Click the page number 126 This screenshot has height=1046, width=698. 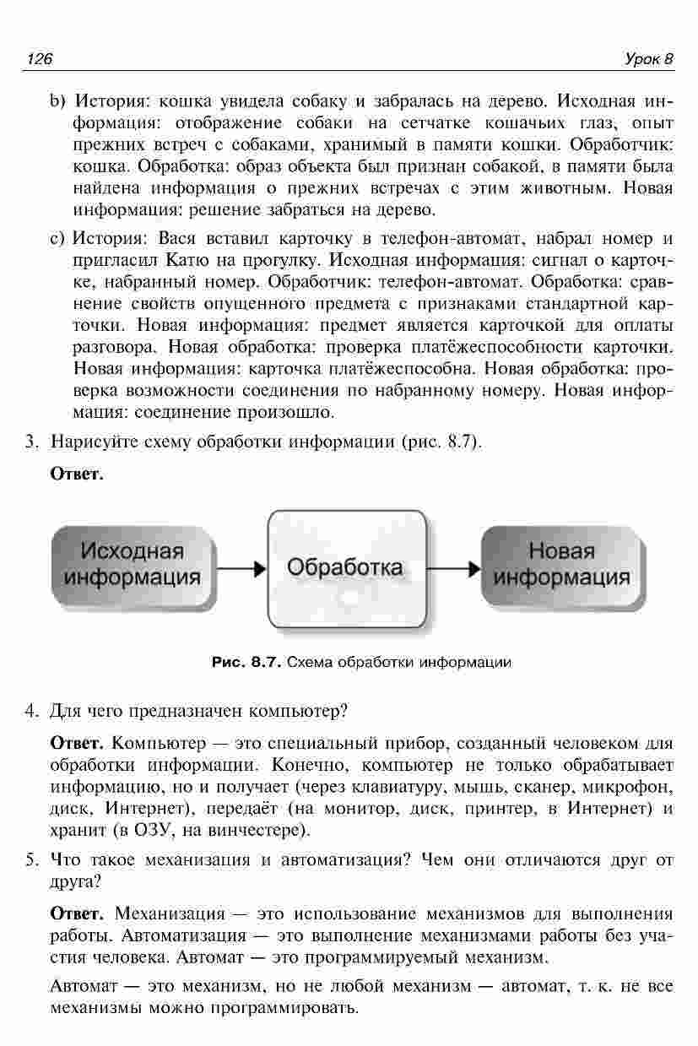pos(41,59)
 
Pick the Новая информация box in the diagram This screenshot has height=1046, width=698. pos(561,564)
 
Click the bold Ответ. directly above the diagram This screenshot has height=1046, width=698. pos(77,474)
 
